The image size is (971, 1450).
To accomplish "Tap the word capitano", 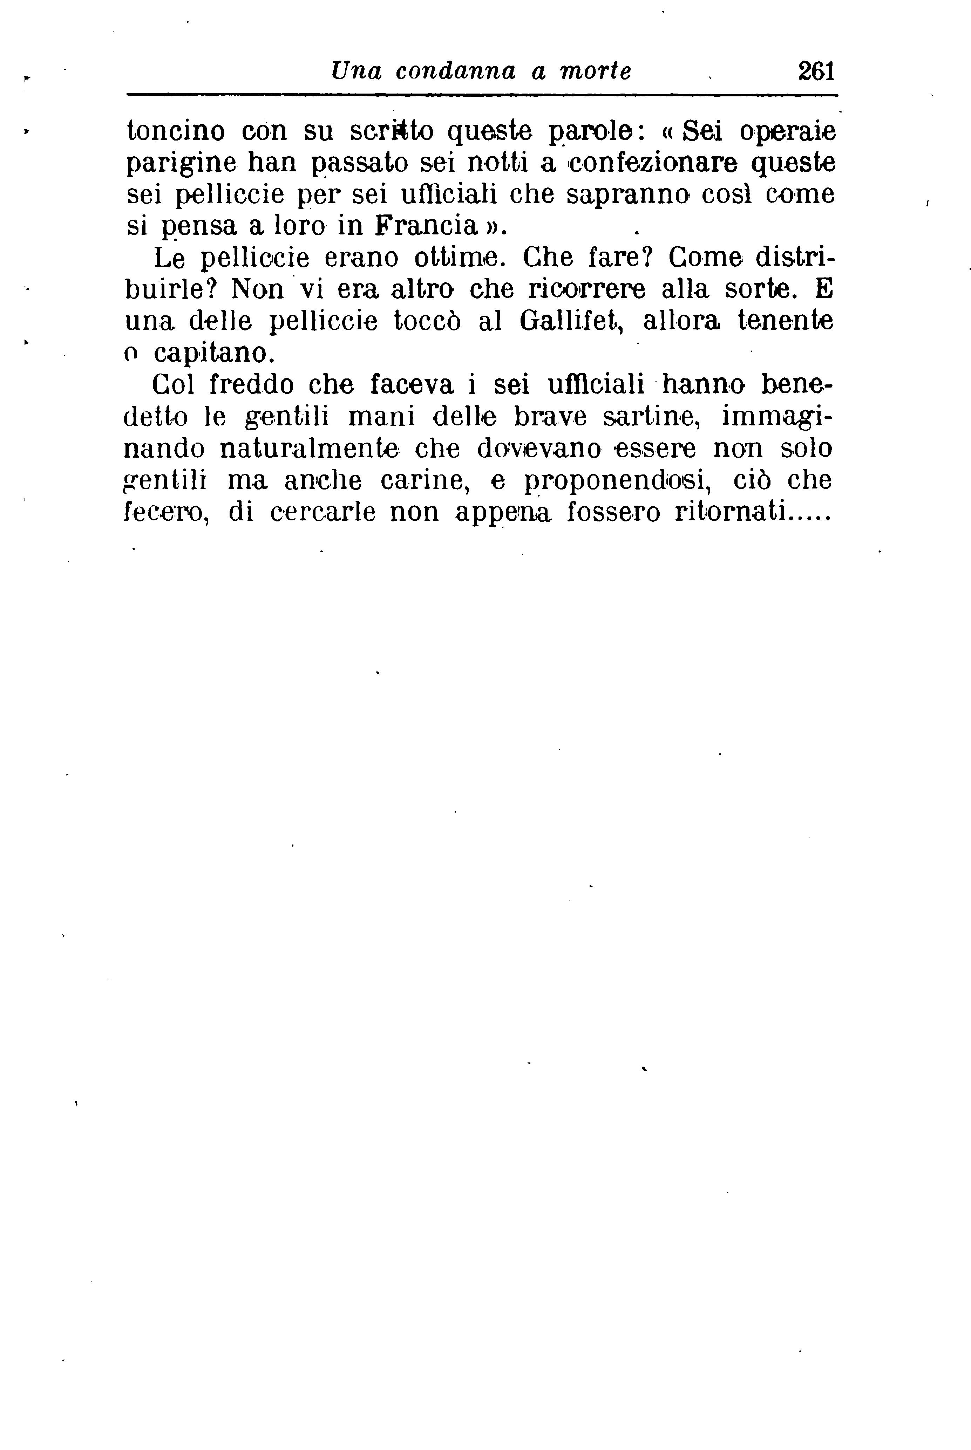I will [x=212, y=353].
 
